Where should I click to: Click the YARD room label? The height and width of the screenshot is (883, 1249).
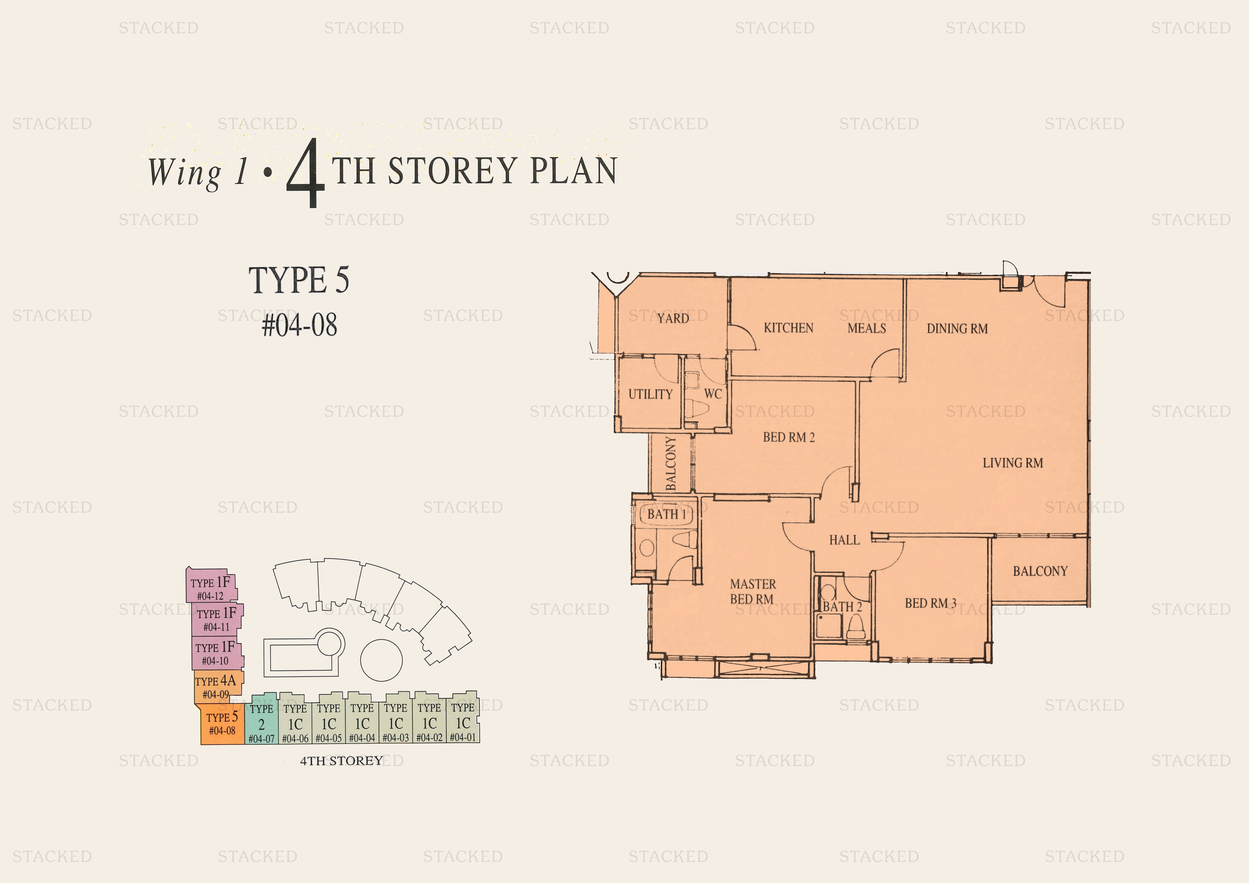[673, 318]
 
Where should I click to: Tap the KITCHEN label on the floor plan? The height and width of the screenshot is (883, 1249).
[788, 328]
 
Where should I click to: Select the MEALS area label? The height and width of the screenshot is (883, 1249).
[867, 328]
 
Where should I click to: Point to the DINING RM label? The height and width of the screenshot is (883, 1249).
[957, 329]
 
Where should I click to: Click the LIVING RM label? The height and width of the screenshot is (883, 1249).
[1012, 463]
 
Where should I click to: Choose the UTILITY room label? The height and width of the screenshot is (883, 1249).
[650, 395]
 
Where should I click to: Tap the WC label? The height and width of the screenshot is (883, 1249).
[713, 394]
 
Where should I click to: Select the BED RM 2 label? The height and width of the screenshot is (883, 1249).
[789, 438]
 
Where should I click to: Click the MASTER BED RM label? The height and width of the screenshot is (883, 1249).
[752, 591]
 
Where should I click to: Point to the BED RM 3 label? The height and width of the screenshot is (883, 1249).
[930, 604]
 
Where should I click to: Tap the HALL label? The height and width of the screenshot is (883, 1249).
[844, 540]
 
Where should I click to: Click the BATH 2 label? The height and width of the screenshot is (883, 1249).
[842, 607]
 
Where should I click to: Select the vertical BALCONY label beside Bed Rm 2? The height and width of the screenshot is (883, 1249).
[671, 463]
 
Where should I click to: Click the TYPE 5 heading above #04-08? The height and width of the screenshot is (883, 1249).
[299, 280]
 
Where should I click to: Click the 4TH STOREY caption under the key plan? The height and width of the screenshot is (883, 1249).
[342, 761]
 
